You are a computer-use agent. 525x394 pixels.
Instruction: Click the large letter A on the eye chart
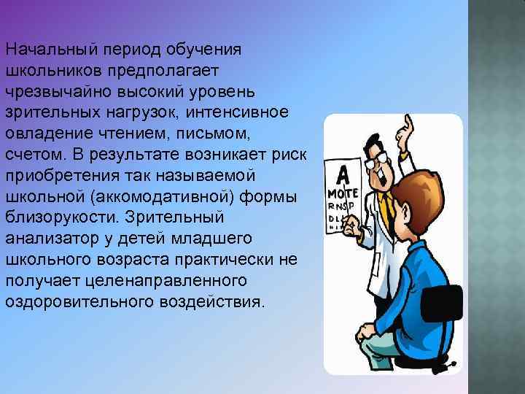point(341,176)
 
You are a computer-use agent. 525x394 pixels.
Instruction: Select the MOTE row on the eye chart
point(341,195)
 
